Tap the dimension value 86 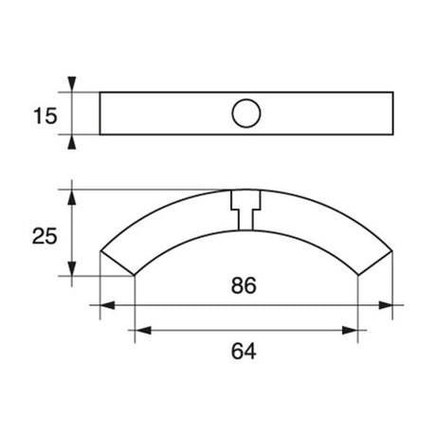(x=245, y=285)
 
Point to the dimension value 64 (x=245, y=351)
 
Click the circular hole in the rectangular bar (x=245, y=114)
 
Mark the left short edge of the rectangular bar (x=100, y=114)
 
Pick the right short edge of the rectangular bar (x=391, y=114)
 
